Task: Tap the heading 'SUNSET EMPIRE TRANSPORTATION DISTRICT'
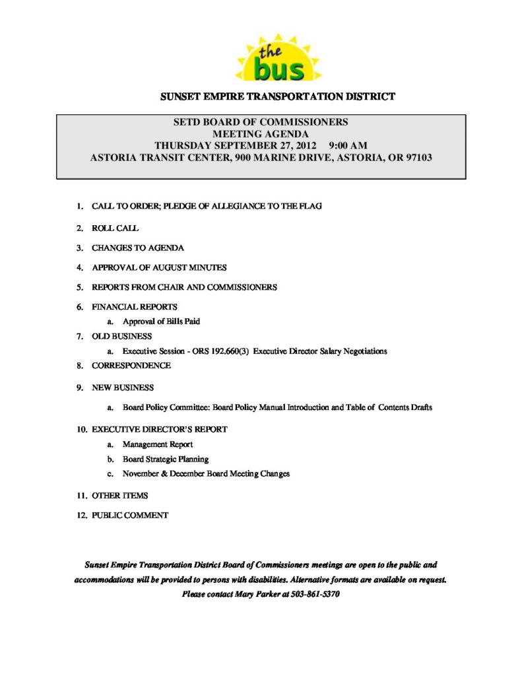coord(277,96)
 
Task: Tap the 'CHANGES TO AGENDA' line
coord(137,248)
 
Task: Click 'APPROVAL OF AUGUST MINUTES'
coord(159,267)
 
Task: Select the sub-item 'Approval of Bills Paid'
coord(161,321)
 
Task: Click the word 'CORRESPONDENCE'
coord(131,365)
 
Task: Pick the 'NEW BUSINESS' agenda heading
coord(123,388)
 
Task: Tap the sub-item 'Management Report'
coord(158,444)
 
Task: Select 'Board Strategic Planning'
coord(165,459)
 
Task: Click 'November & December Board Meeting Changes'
coord(206,473)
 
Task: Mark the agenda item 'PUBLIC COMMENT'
coord(130,515)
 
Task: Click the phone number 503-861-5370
coord(315,594)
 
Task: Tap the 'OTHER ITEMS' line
coord(119,495)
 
